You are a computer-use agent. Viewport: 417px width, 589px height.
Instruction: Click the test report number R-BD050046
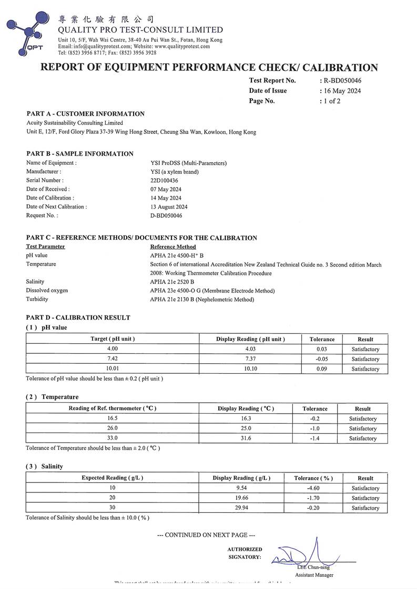[x=343, y=81]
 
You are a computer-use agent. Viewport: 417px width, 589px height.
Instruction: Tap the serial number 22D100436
[x=165, y=180]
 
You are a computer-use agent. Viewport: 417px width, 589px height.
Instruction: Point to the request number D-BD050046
[x=166, y=215]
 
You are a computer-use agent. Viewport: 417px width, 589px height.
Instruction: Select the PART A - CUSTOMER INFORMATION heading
[x=85, y=114]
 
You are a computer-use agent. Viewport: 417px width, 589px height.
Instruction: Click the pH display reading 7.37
[x=250, y=359]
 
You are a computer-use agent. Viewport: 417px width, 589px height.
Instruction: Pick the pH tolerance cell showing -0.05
[x=322, y=359]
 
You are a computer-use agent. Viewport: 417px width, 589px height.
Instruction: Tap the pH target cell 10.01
[x=113, y=369]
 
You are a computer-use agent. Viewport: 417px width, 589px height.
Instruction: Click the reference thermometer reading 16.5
[x=113, y=419]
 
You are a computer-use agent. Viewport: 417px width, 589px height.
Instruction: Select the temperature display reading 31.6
[x=246, y=438]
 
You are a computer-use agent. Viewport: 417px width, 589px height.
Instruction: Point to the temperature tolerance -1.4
[x=315, y=438]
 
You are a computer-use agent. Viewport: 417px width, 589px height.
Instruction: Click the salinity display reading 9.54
[x=241, y=488]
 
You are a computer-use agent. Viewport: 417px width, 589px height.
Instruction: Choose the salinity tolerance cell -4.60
[x=313, y=488]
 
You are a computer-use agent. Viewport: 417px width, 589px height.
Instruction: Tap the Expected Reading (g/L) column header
[x=113, y=478]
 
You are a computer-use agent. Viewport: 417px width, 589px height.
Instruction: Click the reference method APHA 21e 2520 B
[x=172, y=282]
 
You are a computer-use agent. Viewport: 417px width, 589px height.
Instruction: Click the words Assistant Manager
[x=314, y=575]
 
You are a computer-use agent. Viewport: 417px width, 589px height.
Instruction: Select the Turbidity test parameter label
[x=37, y=299]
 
